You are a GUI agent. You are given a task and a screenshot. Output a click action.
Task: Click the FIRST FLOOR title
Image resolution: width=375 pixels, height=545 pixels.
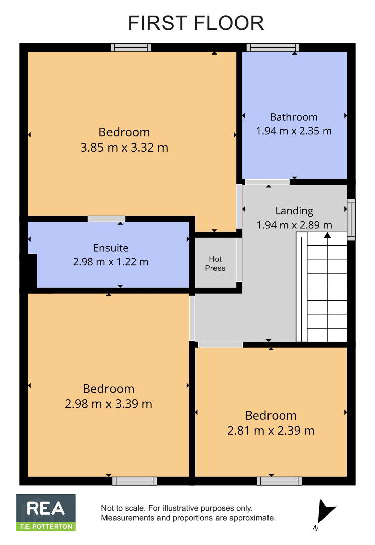196,23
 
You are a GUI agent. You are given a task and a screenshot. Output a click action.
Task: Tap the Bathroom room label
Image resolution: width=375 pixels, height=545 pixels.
294,117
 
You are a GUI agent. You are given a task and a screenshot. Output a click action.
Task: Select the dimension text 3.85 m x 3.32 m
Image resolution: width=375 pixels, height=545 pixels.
124,148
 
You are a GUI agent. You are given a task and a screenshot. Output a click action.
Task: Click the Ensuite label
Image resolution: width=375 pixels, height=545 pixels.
111,248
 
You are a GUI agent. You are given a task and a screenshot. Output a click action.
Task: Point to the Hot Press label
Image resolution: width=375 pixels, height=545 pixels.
215,264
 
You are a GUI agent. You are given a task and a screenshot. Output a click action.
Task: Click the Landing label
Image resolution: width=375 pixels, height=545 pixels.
294,211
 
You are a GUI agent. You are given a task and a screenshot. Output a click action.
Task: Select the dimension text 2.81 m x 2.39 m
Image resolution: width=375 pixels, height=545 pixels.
271,431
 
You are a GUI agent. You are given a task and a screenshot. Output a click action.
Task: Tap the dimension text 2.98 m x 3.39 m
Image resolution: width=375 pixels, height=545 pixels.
109,404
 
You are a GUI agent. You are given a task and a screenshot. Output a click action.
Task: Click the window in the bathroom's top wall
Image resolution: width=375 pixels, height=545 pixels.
273,47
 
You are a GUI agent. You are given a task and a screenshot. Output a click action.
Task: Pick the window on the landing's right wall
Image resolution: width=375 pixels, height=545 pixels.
351,220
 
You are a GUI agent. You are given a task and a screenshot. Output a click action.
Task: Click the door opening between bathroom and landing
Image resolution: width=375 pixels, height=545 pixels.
267,182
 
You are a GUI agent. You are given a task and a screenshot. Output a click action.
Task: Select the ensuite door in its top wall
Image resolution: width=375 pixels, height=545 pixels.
106,219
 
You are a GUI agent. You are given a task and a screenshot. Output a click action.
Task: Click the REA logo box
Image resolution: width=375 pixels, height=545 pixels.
46,512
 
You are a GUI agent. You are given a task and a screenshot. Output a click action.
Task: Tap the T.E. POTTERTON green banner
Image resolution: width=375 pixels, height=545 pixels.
46,526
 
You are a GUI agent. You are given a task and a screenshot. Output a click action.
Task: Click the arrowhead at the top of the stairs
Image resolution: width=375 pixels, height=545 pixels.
327,235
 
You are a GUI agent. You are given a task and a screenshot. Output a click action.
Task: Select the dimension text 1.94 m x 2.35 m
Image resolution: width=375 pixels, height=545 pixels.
294,131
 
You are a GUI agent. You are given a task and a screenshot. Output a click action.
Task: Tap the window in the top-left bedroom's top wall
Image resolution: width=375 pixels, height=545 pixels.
131,47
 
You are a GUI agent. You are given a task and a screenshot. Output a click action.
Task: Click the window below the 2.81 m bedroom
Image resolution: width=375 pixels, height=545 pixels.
280,481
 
